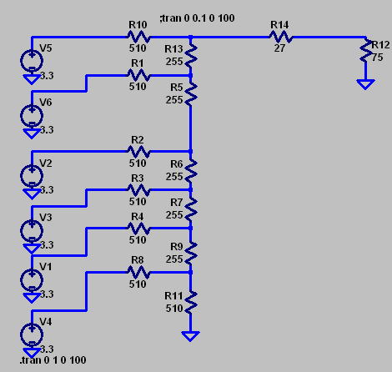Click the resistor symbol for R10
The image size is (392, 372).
[138, 37]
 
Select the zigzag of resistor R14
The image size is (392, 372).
[281, 37]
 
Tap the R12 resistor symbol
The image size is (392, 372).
[365, 51]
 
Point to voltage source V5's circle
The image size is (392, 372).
[32, 61]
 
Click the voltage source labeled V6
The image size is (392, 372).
[32, 115]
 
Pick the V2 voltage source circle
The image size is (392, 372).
[32, 176]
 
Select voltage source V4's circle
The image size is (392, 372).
[32, 334]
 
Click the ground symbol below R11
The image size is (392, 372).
[190, 336]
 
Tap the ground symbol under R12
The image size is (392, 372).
[365, 84]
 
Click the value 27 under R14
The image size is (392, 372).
[279, 48]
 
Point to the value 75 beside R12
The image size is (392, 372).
[377, 58]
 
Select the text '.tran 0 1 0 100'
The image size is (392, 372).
[53, 360]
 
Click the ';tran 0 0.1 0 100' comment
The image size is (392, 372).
[198, 18]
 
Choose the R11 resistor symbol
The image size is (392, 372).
[191, 302]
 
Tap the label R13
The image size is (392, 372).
[173, 49]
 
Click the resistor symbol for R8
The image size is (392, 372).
[138, 273]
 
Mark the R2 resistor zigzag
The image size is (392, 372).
[138, 152]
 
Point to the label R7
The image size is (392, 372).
[177, 203]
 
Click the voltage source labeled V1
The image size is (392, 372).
[32, 280]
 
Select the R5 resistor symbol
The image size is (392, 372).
[191, 94]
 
